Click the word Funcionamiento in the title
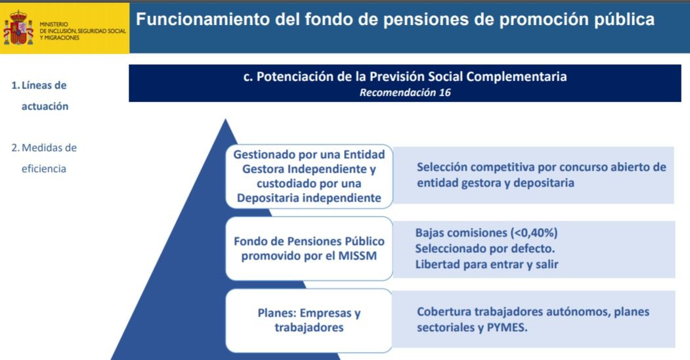click(202, 19)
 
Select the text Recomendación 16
click(405, 93)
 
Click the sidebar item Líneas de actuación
click(40, 95)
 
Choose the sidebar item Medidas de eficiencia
click(44, 158)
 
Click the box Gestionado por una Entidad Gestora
click(309, 176)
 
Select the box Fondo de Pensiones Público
click(309, 248)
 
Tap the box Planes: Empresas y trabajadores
click(309, 321)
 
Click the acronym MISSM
click(357, 256)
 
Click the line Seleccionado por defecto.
click(485, 249)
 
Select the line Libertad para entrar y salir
click(486, 265)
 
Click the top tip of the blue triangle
click(225, 120)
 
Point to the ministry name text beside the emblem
click(82, 32)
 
